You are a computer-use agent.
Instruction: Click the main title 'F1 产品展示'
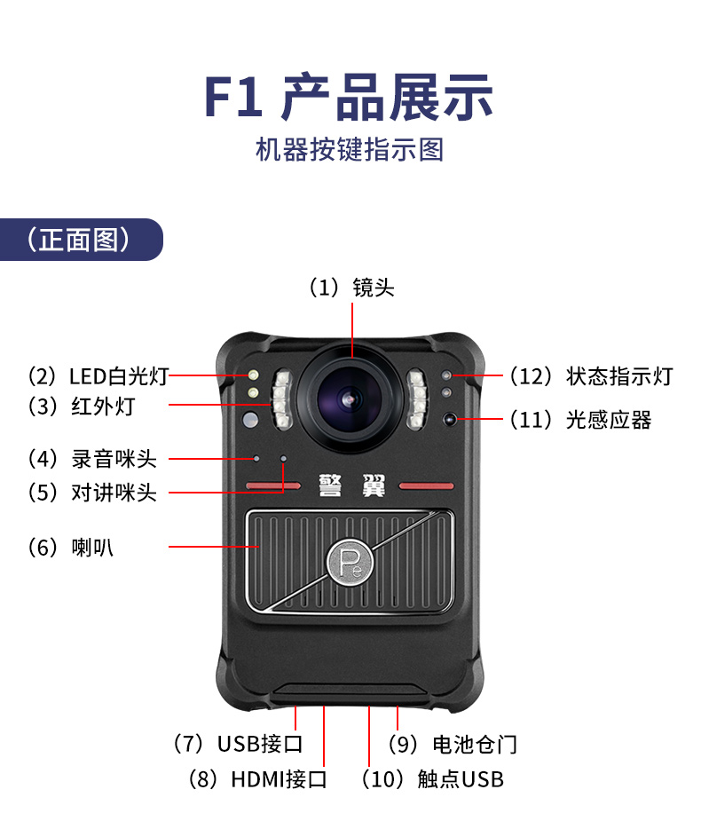click(x=349, y=98)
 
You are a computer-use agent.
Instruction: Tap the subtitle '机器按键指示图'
click(x=350, y=150)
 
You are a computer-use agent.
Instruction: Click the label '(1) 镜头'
click(x=351, y=288)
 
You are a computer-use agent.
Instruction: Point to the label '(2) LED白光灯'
click(x=98, y=376)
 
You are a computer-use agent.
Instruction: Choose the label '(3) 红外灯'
click(x=81, y=407)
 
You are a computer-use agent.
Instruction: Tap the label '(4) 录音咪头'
click(x=92, y=459)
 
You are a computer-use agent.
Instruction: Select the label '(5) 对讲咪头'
click(x=92, y=493)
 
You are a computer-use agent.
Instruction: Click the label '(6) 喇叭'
click(x=70, y=548)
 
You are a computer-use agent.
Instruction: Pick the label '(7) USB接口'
click(x=238, y=744)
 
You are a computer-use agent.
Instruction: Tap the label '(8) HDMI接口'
click(x=257, y=779)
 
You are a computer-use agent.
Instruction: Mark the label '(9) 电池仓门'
click(x=453, y=745)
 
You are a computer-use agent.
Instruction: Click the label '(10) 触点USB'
click(x=432, y=779)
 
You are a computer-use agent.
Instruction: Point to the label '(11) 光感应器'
click(x=580, y=420)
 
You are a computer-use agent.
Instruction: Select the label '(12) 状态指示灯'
click(x=592, y=376)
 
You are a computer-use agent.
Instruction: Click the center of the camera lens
click(x=350, y=399)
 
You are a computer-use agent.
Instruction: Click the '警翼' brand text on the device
click(x=351, y=485)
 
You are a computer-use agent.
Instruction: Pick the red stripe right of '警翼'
click(x=426, y=485)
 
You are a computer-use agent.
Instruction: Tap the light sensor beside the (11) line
click(x=449, y=419)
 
